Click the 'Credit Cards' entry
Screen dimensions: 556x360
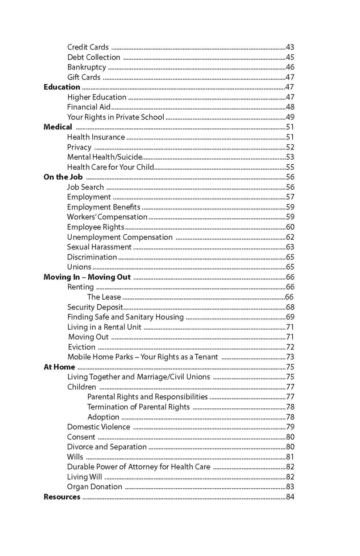[x=88, y=47]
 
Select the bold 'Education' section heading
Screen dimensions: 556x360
[x=62, y=87]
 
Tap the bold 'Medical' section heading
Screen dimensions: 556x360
[x=58, y=127]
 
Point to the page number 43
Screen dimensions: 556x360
[x=290, y=47]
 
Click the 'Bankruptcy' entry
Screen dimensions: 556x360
[x=87, y=67]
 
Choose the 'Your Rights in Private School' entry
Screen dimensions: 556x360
[x=116, y=117]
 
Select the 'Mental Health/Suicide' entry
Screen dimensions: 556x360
[x=104, y=157]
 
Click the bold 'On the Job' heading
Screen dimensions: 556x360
[x=63, y=177]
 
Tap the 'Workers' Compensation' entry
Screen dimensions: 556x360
[x=107, y=217]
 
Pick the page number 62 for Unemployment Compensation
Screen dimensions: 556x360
[x=290, y=237]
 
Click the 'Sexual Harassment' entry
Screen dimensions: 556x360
[x=99, y=247]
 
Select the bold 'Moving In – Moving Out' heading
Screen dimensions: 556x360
[x=87, y=277]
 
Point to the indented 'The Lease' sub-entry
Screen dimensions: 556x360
[x=104, y=297]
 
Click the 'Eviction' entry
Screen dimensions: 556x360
[x=81, y=347]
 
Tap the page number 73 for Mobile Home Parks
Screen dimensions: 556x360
[x=290, y=357]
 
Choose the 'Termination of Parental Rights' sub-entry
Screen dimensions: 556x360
[x=138, y=407]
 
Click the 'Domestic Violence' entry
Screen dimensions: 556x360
[x=99, y=427]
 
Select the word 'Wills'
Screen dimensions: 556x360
[x=75, y=457]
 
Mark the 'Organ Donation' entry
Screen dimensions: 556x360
[x=95, y=487]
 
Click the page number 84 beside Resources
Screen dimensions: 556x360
[x=290, y=497]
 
